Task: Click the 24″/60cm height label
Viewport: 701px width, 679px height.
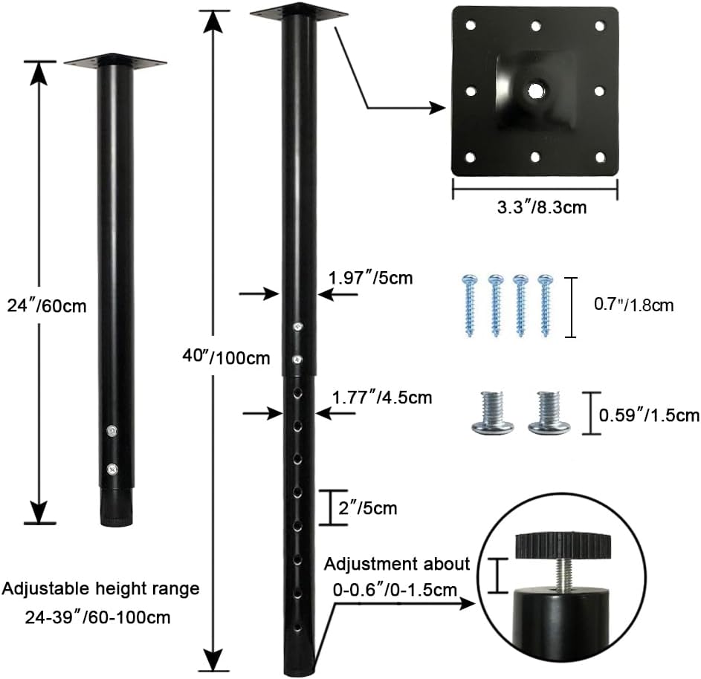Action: [x=47, y=306]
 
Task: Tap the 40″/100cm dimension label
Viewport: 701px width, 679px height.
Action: [x=226, y=357]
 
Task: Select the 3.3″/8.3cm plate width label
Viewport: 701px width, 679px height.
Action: [x=542, y=207]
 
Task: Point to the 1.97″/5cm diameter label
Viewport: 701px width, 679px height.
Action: [x=371, y=278]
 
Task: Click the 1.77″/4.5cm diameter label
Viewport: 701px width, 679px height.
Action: [x=382, y=397]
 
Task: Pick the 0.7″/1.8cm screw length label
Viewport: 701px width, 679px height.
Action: [x=633, y=305]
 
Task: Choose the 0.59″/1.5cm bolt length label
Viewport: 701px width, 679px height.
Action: [x=649, y=415]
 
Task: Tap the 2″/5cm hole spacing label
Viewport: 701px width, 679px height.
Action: [x=367, y=508]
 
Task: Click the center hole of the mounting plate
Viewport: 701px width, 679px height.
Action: [x=534, y=91]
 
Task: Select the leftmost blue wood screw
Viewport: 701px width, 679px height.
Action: [x=469, y=305]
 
